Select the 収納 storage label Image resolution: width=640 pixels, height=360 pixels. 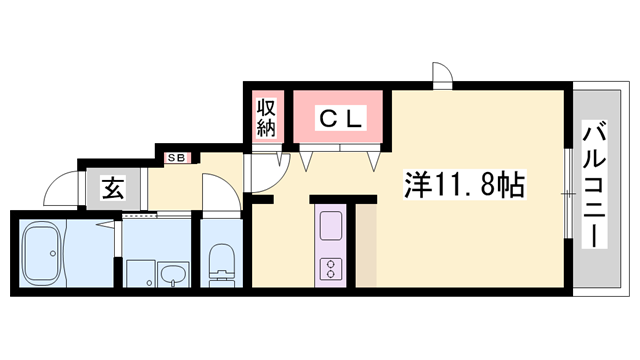coord(265,117)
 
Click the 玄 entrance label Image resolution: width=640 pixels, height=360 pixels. coord(113,188)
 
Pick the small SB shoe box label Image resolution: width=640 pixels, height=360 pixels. coord(176,157)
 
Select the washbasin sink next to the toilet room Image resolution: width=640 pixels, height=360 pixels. coord(172,273)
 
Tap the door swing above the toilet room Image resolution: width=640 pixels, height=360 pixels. coord(219,190)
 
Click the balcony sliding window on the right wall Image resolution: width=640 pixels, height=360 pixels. coord(568,190)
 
